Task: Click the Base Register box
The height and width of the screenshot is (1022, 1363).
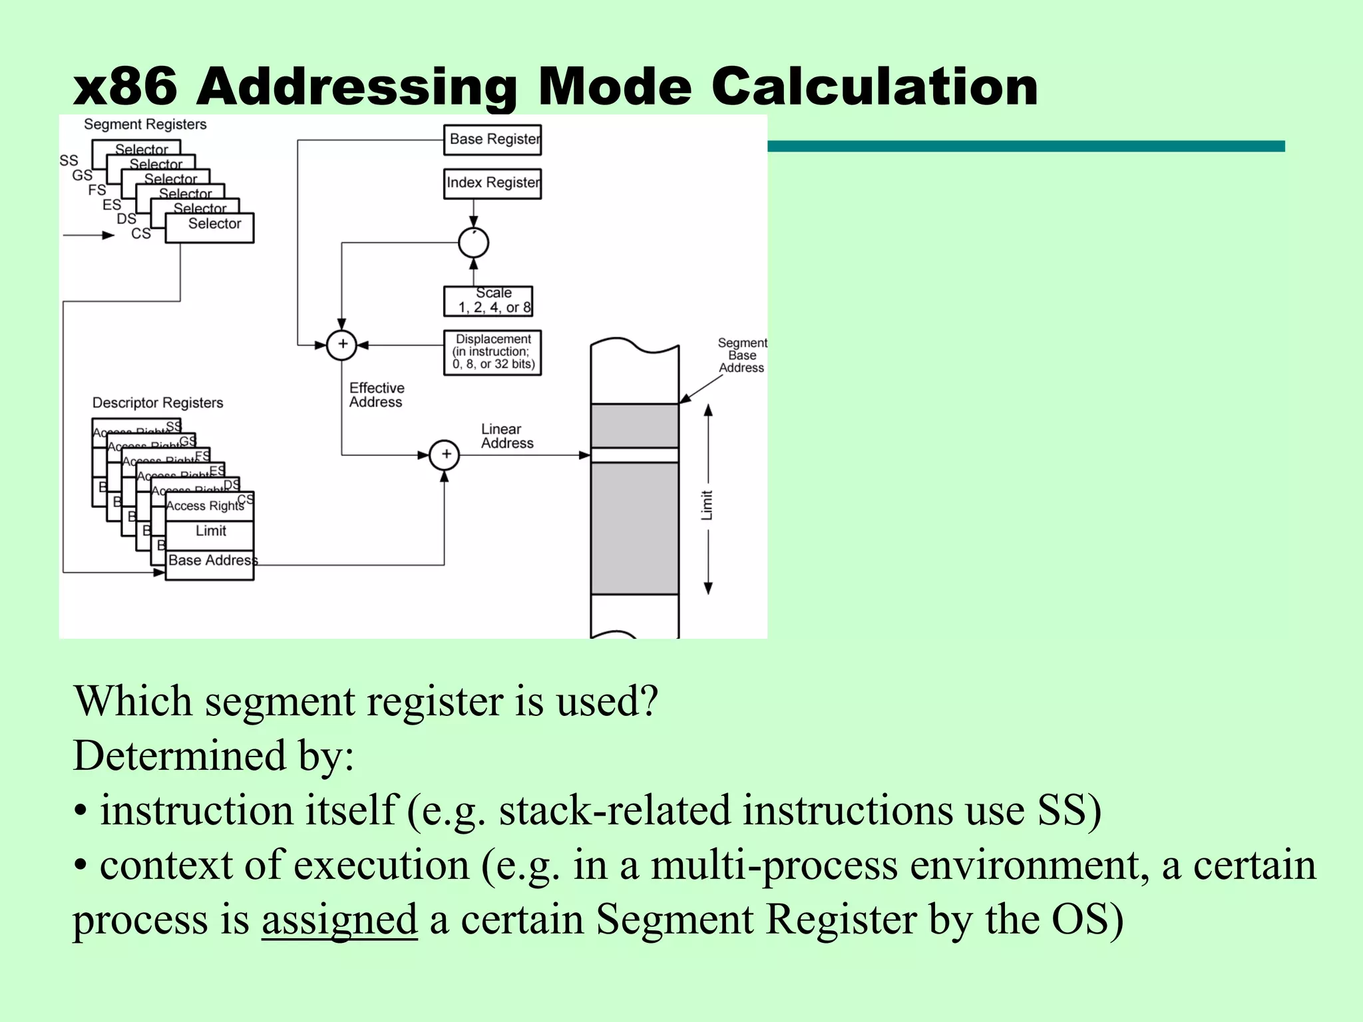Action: pos(492,140)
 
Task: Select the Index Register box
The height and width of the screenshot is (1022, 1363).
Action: pos(492,183)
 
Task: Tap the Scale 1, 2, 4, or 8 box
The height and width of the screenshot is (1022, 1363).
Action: pos(488,301)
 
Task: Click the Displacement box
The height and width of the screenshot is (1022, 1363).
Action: pos(492,352)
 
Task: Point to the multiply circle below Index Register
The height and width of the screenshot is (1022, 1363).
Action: pos(473,243)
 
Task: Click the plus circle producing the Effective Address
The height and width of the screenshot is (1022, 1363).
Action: pos(342,345)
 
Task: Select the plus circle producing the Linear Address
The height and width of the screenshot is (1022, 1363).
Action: pos(445,455)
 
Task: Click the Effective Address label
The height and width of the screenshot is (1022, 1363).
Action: pos(376,395)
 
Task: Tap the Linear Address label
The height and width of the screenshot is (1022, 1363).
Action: pos(506,436)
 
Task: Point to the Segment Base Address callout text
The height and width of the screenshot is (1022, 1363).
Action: pos(741,355)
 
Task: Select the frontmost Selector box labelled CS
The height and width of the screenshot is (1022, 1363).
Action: pos(210,228)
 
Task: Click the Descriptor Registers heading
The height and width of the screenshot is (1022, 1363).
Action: pos(158,403)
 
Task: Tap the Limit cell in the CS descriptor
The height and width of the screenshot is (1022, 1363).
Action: pos(210,532)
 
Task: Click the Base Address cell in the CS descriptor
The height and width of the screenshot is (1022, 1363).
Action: pos(210,562)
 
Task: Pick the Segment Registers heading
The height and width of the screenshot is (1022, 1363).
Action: pos(145,124)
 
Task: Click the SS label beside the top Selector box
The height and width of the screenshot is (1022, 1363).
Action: pos(69,160)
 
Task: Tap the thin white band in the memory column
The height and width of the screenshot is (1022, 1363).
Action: pos(634,455)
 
